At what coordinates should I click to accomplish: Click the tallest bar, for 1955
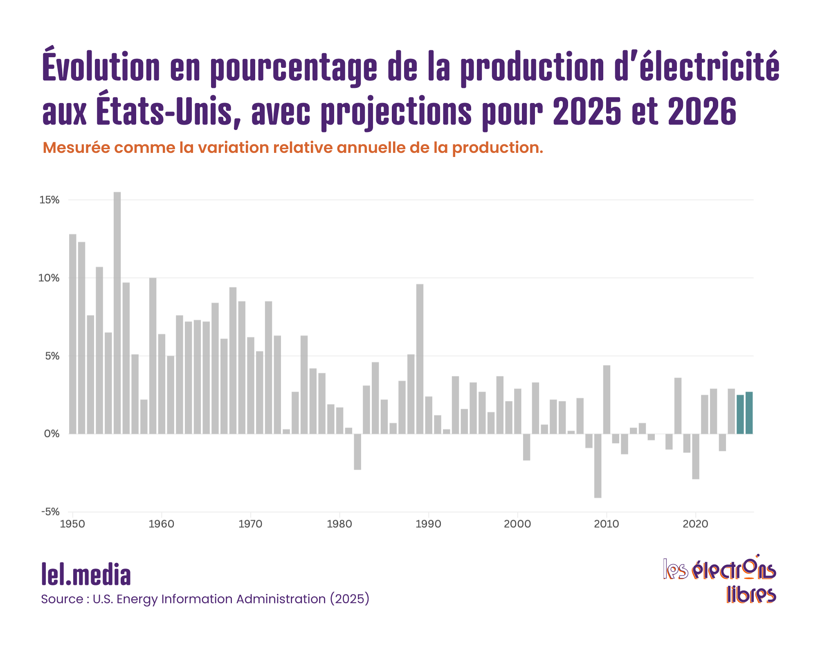point(117,313)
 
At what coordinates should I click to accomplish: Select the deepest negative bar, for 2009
point(598,466)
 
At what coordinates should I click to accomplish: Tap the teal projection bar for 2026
point(749,413)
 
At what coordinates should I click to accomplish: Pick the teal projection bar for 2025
point(740,414)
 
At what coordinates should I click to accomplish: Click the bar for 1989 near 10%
point(420,359)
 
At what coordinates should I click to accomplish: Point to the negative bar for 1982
point(357,452)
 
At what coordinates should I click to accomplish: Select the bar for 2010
point(607,399)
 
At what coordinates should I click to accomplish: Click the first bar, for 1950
point(73,334)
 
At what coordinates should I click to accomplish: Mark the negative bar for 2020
point(695,456)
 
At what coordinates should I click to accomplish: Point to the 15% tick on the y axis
point(49,200)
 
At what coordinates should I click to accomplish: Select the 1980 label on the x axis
point(339,524)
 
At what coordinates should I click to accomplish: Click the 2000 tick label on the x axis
point(517,524)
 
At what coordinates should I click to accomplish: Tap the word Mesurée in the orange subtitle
point(76,148)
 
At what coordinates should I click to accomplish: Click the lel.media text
point(86,575)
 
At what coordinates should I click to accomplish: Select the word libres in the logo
point(751,595)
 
